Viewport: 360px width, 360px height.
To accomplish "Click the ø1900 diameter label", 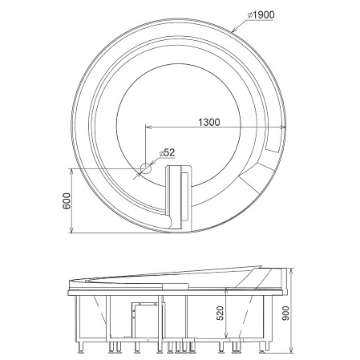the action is click(261, 15).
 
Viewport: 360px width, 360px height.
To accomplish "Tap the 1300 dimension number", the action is click(209, 122).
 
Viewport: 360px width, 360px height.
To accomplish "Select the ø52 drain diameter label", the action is click(167, 152).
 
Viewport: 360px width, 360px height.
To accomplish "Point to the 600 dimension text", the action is click(67, 200).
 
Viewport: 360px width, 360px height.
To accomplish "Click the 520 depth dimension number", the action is click(220, 313).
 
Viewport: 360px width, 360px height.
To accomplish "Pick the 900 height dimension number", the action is click(285, 313).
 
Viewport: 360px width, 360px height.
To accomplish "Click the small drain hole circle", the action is click(146, 168).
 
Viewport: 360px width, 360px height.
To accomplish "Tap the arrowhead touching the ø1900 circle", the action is click(233, 30).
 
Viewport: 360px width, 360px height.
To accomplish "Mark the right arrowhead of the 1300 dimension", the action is click(283, 127).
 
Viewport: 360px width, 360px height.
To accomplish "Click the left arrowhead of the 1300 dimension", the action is click(148, 127).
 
